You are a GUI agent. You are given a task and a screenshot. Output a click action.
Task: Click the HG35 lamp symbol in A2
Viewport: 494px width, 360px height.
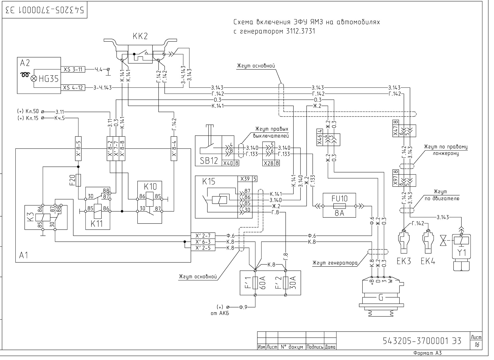pyautogui.click(x=34, y=78)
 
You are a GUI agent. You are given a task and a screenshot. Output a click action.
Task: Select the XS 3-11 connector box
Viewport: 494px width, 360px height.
pyautogui.click(x=73, y=69)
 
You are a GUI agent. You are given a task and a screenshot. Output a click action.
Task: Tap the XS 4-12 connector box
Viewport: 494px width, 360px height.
pyautogui.click(x=73, y=88)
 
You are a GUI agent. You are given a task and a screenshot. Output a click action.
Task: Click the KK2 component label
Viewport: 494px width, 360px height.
pyautogui.click(x=140, y=36)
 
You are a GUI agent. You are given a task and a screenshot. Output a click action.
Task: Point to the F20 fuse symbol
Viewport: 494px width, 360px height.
pyautogui.click(x=78, y=180)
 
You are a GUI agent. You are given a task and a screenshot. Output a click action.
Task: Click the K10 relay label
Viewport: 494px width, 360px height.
pyautogui.click(x=150, y=187)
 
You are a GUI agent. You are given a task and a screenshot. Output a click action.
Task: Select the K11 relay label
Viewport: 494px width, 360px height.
pyautogui.click(x=96, y=224)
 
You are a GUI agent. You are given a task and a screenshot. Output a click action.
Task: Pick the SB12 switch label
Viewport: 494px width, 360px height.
pyautogui.click(x=209, y=161)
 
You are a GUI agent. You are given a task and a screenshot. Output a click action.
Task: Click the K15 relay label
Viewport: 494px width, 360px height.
pyautogui.click(x=209, y=181)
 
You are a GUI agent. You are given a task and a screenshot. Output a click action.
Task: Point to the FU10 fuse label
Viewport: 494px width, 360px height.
pyautogui.click(x=339, y=199)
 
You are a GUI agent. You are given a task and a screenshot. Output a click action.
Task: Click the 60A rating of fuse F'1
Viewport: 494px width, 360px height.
pyautogui.click(x=263, y=283)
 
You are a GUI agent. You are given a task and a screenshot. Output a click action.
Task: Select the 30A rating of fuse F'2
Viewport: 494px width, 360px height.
pyautogui.click(x=293, y=283)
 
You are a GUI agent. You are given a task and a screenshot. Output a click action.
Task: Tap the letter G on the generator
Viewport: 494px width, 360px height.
pyautogui.click(x=381, y=298)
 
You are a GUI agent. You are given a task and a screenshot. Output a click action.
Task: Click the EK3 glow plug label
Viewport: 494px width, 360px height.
pyautogui.click(x=404, y=261)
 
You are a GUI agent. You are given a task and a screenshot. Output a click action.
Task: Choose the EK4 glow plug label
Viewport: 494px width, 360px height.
pyautogui.click(x=428, y=261)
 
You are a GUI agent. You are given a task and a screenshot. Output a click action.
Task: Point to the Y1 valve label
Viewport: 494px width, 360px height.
pyautogui.click(x=461, y=253)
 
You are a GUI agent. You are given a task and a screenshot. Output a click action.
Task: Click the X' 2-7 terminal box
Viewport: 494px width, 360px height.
pyautogui.click(x=203, y=236)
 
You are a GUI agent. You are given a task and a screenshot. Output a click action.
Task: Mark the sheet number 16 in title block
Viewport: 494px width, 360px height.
pyautogui.click(x=477, y=345)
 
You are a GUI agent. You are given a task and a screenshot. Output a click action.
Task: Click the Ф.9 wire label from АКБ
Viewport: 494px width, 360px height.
pyautogui.click(x=243, y=307)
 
